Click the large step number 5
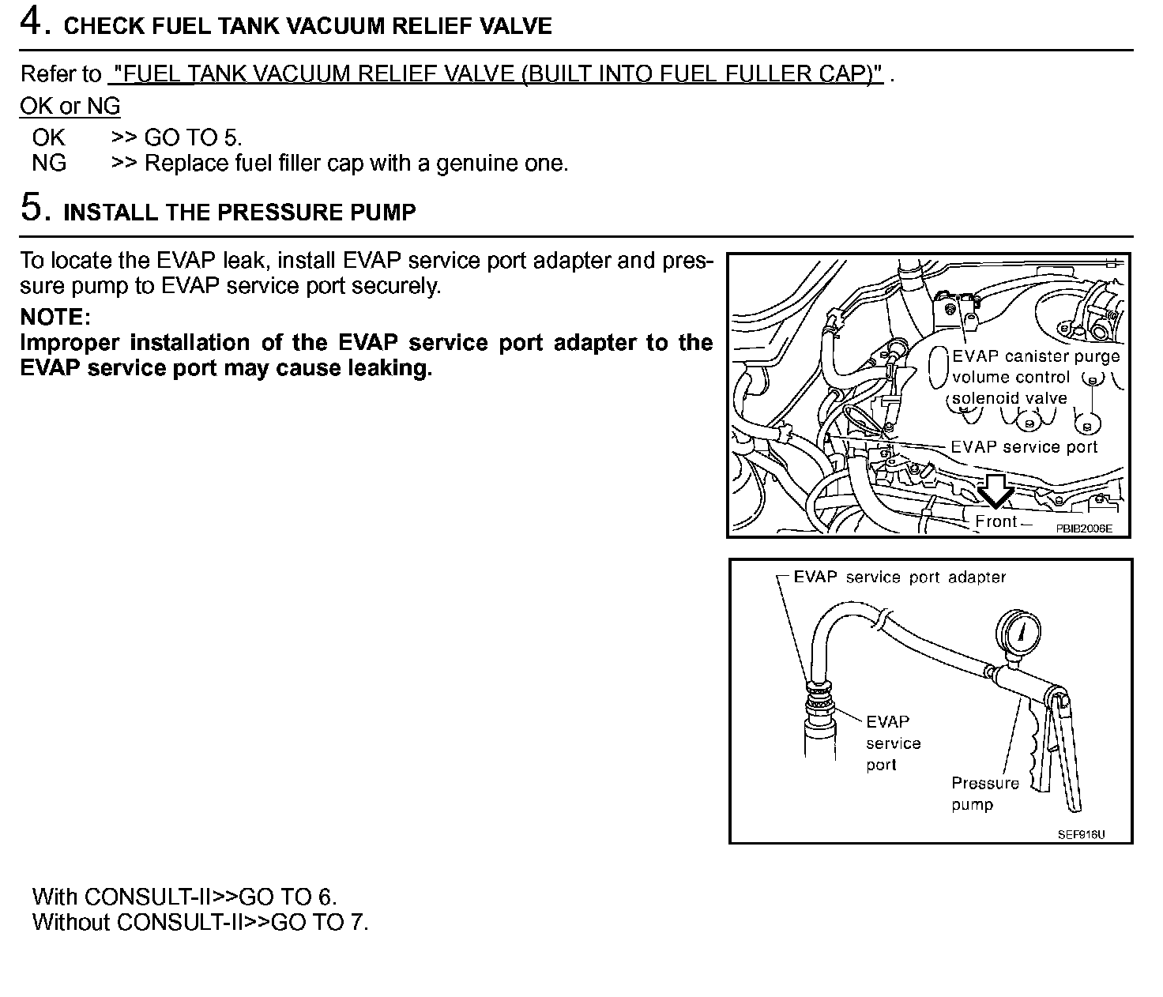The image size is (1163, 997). [x=33, y=208]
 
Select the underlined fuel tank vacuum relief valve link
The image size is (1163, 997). [x=495, y=74]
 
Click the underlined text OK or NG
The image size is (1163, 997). [x=70, y=106]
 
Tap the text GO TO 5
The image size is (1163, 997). [x=193, y=137]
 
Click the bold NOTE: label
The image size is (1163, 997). [x=55, y=317]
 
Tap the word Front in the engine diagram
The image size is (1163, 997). [x=996, y=521]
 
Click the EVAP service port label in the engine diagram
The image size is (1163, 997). [x=1024, y=447]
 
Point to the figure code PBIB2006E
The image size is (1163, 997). [x=1083, y=529]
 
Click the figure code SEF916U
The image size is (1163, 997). [x=1082, y=834]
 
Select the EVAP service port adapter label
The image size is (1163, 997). [x=899, y=578]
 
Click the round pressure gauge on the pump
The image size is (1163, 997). [x=1022, y=629]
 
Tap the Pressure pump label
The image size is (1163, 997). [x=984, y=793]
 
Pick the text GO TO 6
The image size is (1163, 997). [x=288, y=897]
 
